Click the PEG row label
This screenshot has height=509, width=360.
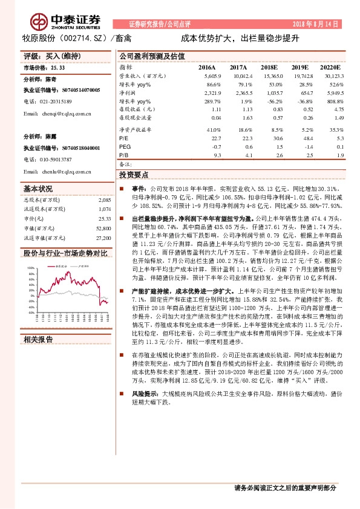point(125,146)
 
